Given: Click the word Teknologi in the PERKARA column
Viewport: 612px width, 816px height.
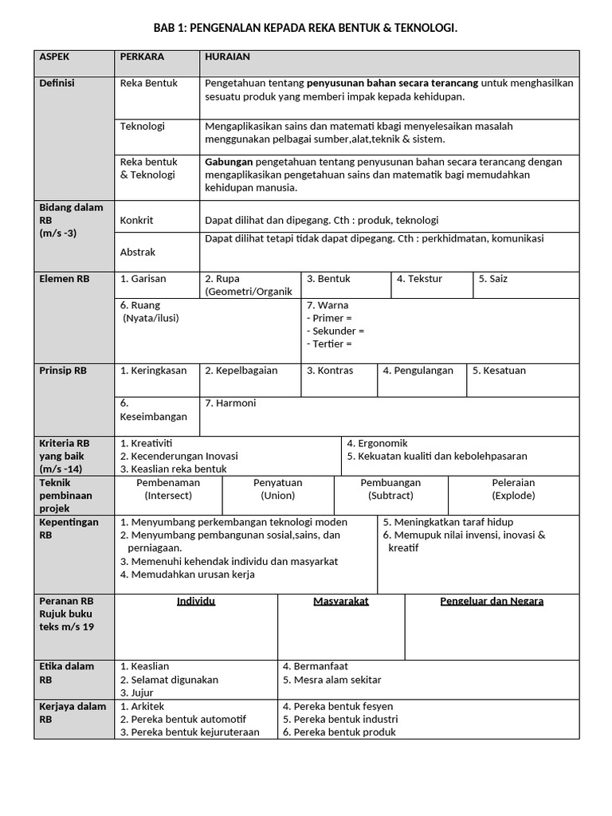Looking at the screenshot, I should coord(143,126).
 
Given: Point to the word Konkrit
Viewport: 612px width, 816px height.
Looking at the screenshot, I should coord(136,220).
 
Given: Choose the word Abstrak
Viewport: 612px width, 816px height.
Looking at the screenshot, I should coord(138,252).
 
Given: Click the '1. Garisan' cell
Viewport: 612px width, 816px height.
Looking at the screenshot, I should coord(143,279).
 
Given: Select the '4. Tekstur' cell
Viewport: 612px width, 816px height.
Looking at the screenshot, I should coord(419,279).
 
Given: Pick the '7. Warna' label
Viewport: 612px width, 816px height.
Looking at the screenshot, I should coord(328,305).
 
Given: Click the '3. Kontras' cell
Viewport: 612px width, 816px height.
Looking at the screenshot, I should coord(330,371).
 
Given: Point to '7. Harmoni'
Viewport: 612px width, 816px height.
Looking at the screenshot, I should coord(230,403).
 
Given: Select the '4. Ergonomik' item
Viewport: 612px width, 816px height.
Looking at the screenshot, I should coord(377,443).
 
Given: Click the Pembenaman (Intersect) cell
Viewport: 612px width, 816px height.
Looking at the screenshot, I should coord(168,488).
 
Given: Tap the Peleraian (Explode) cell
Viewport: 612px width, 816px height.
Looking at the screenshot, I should coord(513,488).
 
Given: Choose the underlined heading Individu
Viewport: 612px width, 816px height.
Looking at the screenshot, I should coord(196,601).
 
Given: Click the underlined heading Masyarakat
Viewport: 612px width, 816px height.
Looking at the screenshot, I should coord(341,601).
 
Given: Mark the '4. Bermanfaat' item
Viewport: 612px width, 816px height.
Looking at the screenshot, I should coord(316,666).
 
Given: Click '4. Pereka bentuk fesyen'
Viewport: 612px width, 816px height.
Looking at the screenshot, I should coord(338,706).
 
